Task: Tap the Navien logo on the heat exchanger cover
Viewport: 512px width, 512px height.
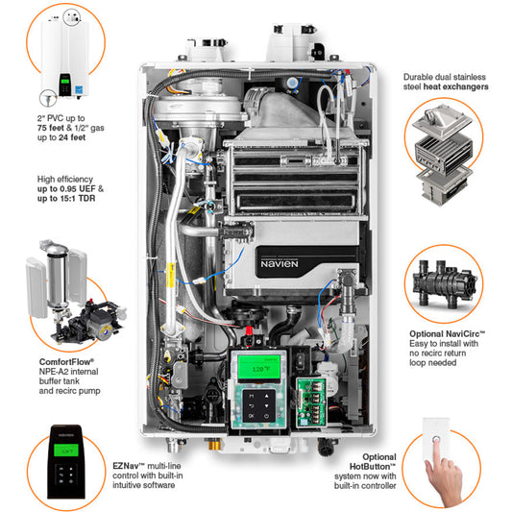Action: (x=283, y=260)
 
